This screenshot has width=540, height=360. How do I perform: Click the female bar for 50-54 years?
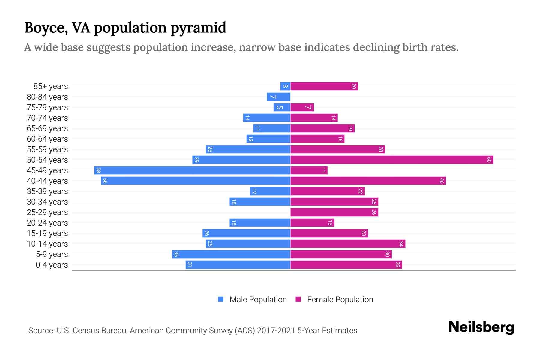pos(391,160)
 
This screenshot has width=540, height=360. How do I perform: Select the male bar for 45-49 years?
pos(192,170)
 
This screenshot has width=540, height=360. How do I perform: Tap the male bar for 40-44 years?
pos(196,181)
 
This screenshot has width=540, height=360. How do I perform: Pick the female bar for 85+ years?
pos(324,86)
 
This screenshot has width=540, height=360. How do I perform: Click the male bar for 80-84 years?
pos(278,97)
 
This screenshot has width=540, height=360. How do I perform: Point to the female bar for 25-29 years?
pos(334,212)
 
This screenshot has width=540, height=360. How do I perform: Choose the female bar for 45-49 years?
pos(309,170)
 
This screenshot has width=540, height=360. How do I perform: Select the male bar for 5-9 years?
pos(231,254)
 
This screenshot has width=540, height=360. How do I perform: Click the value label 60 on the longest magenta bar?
pos(489,160)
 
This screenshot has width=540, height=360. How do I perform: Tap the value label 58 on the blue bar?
pos(98,170)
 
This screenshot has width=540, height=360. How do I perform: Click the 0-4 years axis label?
pos(52,265)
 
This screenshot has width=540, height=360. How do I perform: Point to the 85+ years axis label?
pos(50,86)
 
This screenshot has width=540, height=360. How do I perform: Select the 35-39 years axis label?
pos(47,191)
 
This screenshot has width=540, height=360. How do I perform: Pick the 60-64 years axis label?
pos(47,139)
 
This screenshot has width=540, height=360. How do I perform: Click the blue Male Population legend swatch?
pos(221,299)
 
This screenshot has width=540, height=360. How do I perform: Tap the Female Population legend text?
pos(340,300)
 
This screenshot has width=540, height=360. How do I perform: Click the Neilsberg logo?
pos(481,327)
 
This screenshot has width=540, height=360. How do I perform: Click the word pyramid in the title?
pos(198,28)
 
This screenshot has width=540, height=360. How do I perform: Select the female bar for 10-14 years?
pos(348,244)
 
